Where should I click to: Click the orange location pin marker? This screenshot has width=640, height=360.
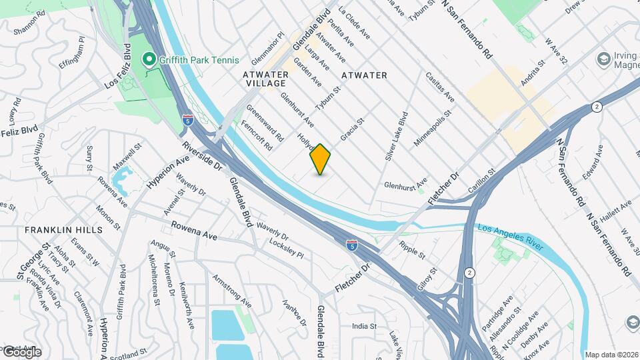coord(321,159)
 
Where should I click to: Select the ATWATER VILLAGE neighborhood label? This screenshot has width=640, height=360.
coord(265,79)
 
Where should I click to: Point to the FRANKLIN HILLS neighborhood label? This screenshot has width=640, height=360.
coord(64,229)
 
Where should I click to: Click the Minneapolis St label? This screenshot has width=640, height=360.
coord(433,129)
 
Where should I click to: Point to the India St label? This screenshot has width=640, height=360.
coord(365,327)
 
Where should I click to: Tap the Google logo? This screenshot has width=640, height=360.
coord(21,351)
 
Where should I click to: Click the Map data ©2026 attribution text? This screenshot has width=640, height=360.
coord(611,354)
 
